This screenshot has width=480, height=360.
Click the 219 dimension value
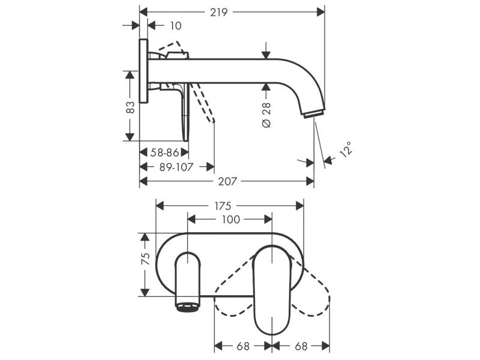219,12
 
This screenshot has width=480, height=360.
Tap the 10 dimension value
176,26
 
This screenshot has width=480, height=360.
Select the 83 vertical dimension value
130,107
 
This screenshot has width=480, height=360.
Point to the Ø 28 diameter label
266,115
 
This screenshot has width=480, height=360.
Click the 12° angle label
346,149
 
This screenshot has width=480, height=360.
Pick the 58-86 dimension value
164,152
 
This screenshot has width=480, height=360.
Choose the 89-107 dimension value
176,167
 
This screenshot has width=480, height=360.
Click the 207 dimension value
227,182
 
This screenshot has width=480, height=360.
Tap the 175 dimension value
223,206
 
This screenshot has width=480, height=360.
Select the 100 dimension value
231,220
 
